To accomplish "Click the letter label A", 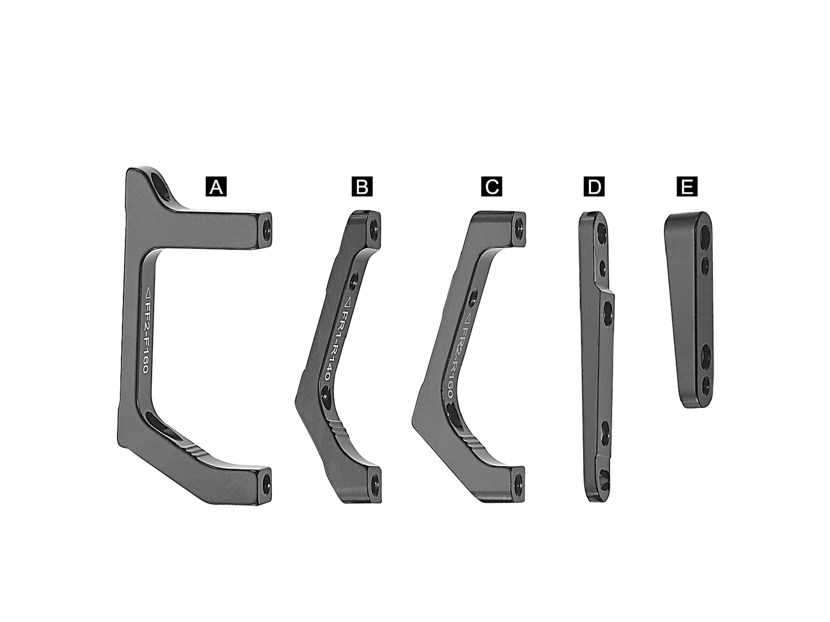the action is pyautogui.click(x=216, y=187).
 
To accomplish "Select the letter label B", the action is pyautogui.click(x=362, y=187).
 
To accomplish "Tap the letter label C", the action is pyautogui.click(x=492, y=187).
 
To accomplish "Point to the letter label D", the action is pyautogui.click(x=594, y=187).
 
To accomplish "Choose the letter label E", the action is pyautogui.click(x=687, y=187).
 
